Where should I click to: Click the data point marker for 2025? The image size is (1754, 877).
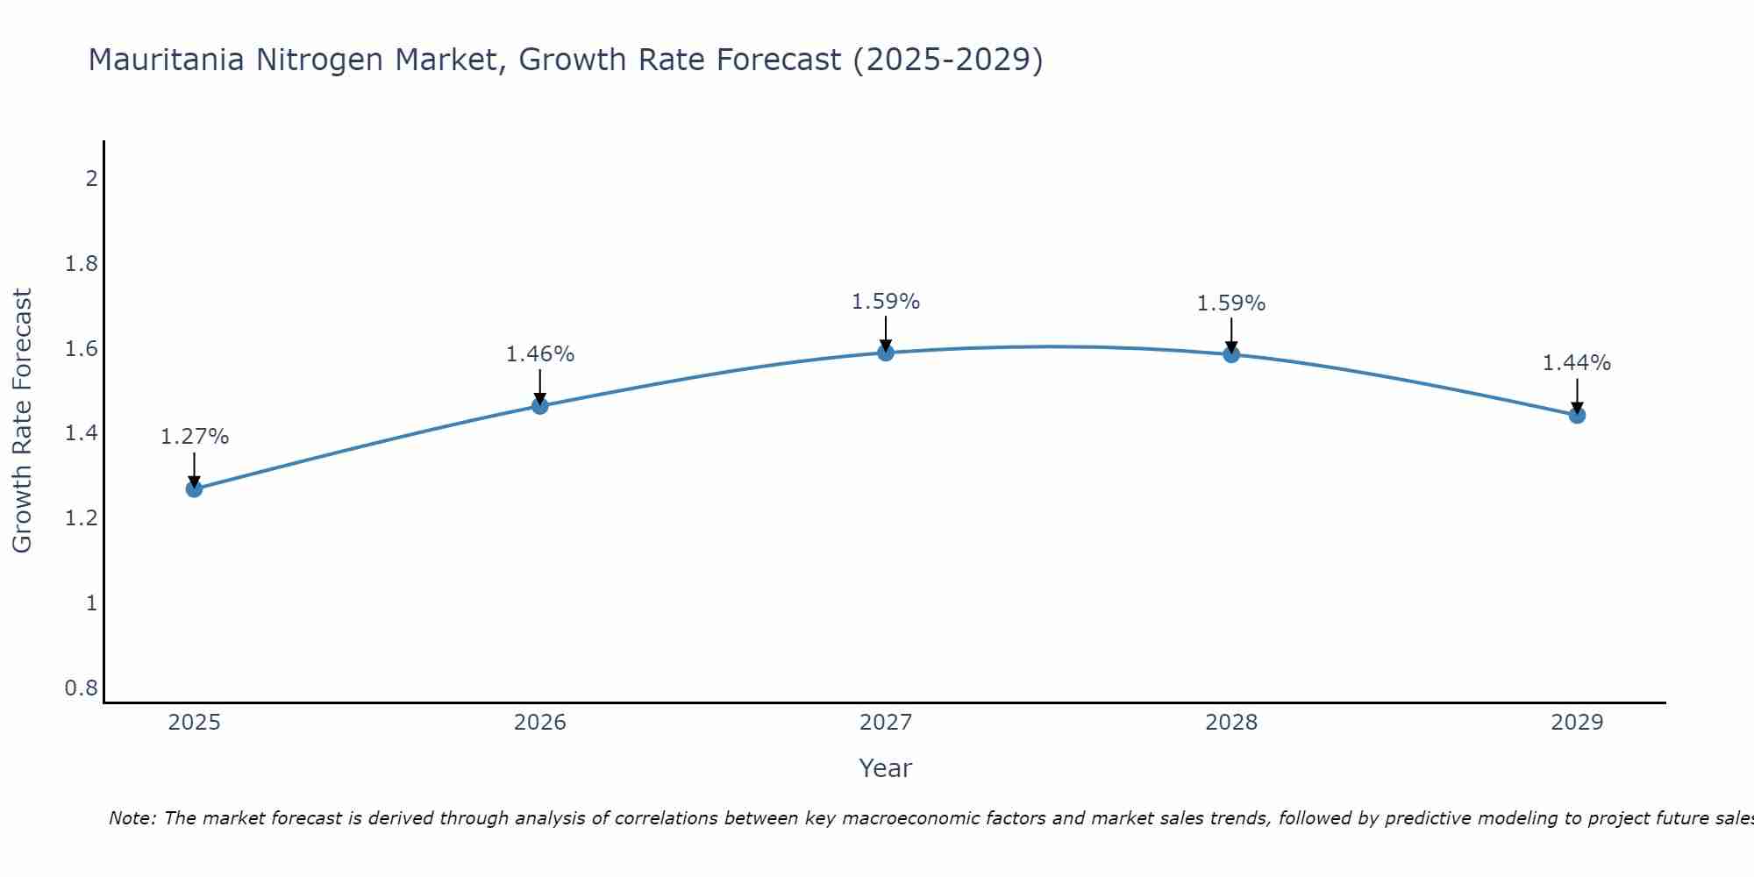click(194, 488)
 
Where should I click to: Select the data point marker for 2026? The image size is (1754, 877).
click(539, 406)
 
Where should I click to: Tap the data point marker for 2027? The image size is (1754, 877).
click(885, 353)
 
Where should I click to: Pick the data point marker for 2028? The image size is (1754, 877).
click(1230, 354)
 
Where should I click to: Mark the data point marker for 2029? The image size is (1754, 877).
click(1576, 415)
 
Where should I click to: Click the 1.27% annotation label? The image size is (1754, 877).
click(194, 437)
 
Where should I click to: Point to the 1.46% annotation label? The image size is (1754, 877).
click(539, 354)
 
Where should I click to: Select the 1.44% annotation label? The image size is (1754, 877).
click(1576, 363)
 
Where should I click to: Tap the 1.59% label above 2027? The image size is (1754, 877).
click(885, 302)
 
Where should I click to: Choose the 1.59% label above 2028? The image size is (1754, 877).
click(1230, 303)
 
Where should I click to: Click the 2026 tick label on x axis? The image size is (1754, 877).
click(539, 723)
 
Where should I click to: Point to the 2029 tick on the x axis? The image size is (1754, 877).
click(1576, 723)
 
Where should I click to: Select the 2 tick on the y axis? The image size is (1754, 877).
click(90, 179)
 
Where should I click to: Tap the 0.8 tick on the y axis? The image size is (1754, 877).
click(81, 688)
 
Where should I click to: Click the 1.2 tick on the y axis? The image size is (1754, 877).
click(81, 518)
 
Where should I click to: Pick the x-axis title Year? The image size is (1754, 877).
click(885, 768)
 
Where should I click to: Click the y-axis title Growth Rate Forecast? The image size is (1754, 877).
click(22, 421)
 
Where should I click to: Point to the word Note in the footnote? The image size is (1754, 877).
click(132, 818)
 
